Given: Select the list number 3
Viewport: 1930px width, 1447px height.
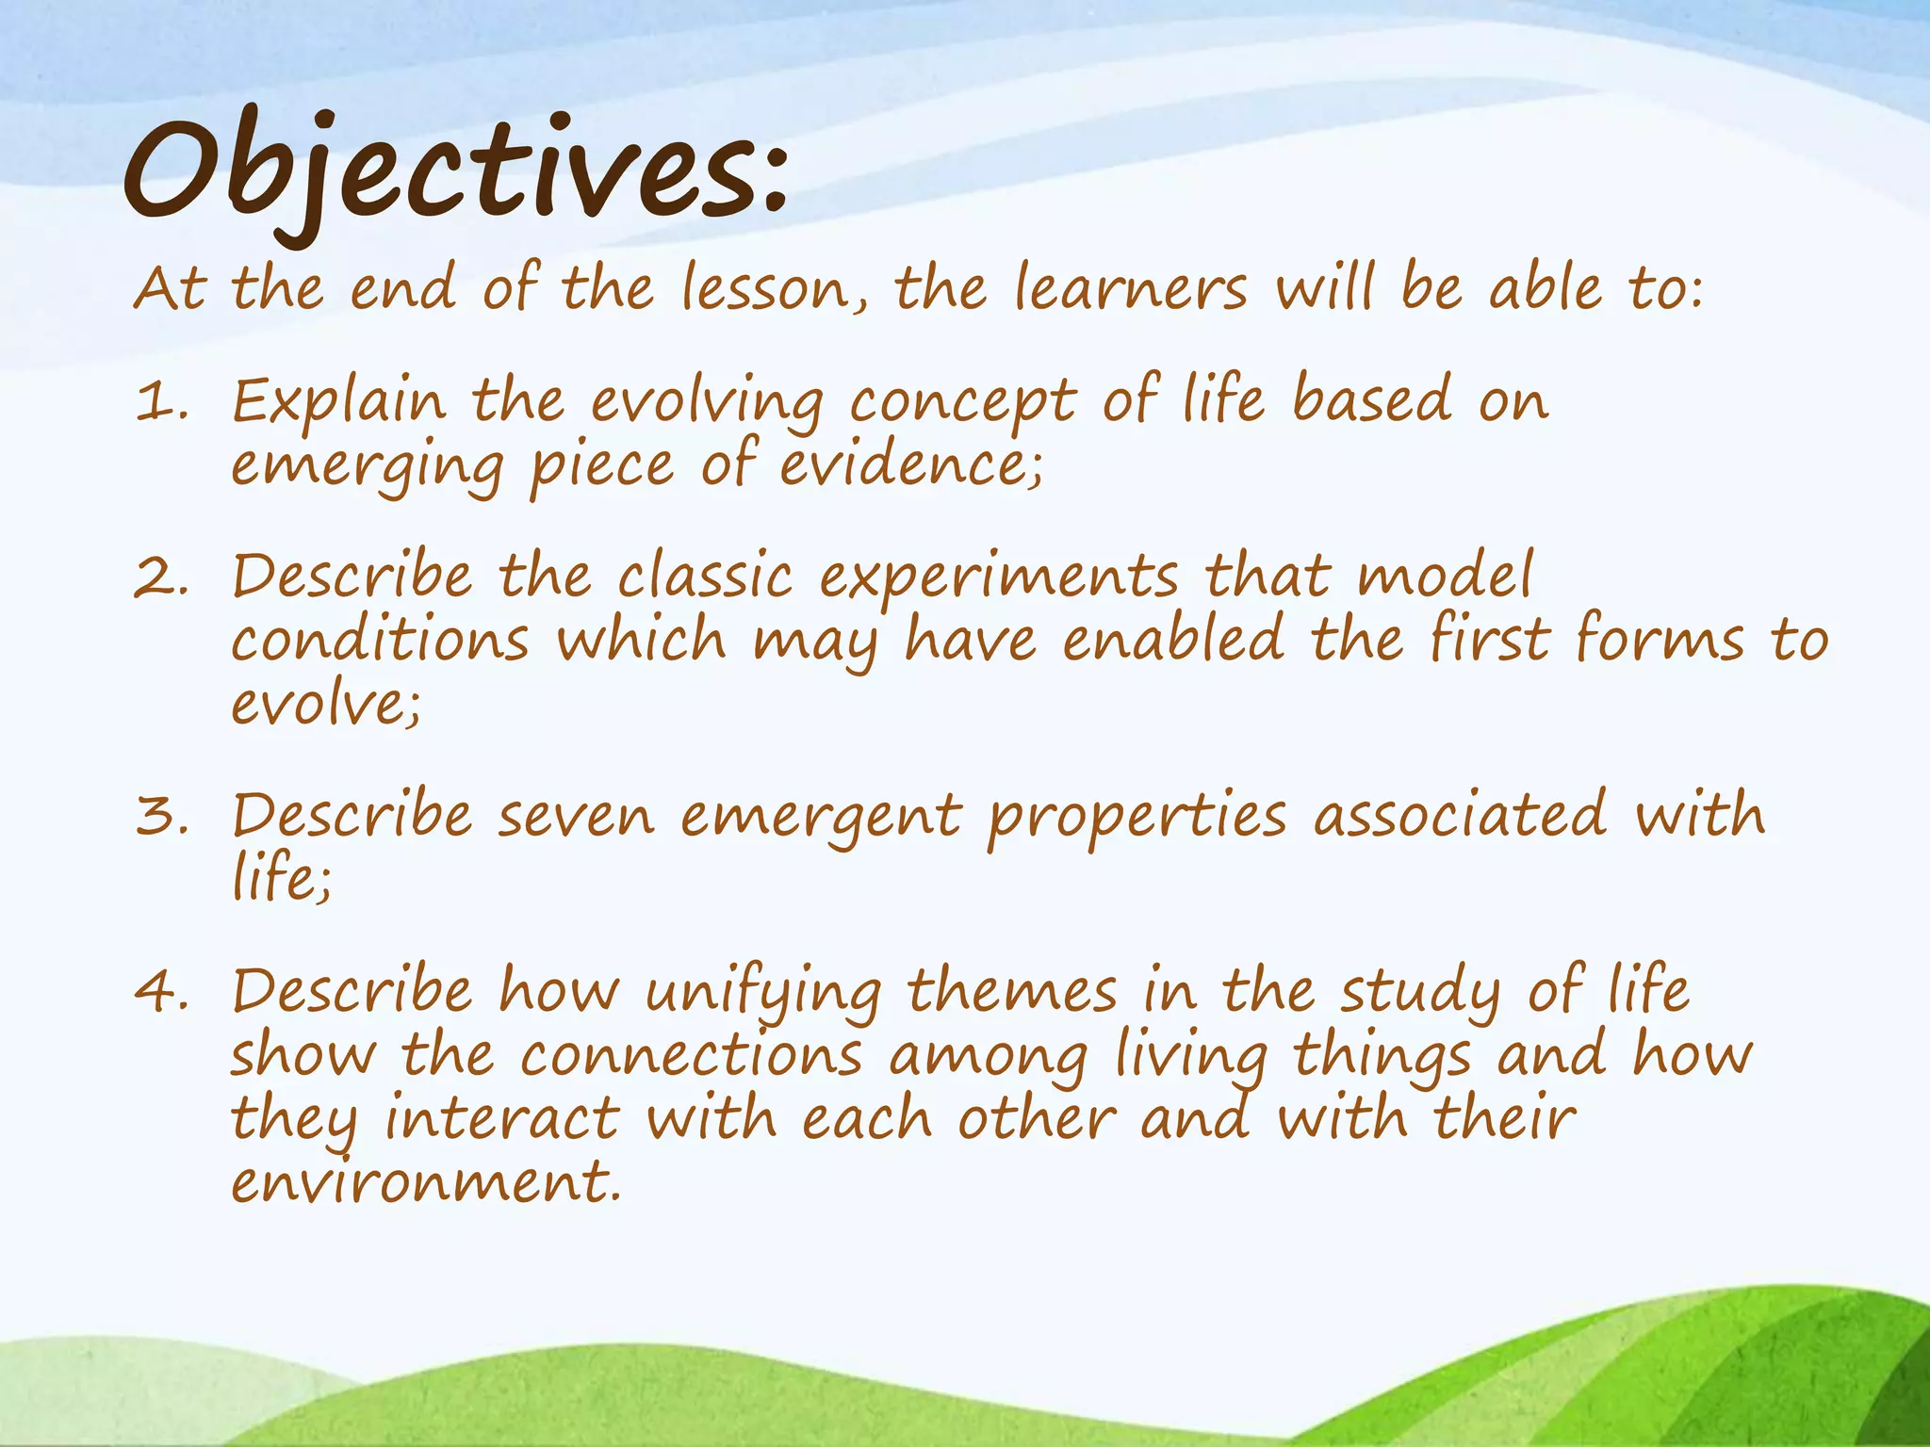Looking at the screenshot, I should point(160,817).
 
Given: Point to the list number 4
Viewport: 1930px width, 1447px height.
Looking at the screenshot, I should point(160,993).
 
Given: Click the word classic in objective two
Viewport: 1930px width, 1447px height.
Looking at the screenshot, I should point(705,577).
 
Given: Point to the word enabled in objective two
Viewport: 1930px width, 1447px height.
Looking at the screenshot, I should point(1173,639).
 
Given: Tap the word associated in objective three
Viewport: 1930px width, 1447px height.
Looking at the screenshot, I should point(1460,815).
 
